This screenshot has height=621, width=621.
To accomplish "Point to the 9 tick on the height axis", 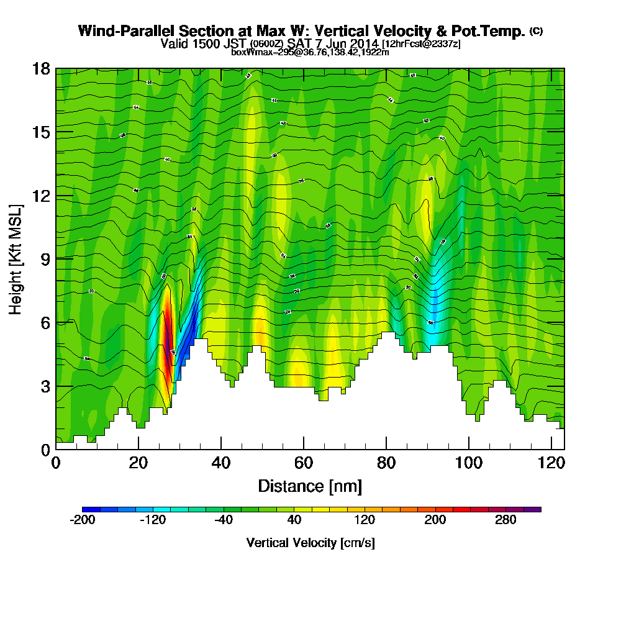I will pyautogui.click(x=43, y=259).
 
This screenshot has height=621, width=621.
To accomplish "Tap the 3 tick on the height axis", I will pyautogui.click(x=43, y=386).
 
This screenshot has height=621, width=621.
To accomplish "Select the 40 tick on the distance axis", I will pyautogui.click(x=221, y=463).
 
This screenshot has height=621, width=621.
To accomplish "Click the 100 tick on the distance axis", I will pyautogui.click(x=469, y=463).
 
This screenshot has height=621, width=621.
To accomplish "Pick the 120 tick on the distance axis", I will pyautogui.click(x=551, y=463).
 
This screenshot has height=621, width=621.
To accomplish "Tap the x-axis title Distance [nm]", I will pyautogui.click(x=310, y=485).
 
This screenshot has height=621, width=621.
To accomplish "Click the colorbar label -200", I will pyautogui.click(x=83, y=521).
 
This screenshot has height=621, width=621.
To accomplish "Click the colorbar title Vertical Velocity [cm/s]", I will pyautogui.click(x=310, y=543).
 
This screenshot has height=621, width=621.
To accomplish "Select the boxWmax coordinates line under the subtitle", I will pyautogui.click(x=310, y=52).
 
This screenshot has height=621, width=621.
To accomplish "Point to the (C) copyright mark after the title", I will pyautogui.click(x=536, y=31).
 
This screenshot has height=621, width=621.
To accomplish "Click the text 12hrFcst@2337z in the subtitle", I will pyautogui.click(x=421, y=44).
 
